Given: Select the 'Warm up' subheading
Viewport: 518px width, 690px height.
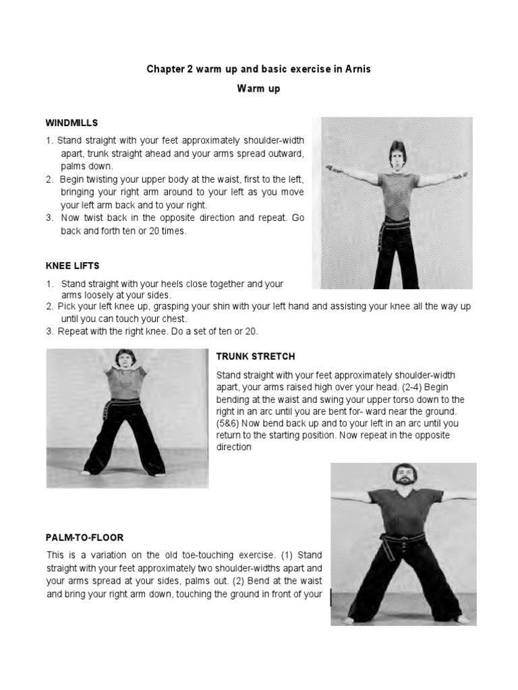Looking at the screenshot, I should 259,88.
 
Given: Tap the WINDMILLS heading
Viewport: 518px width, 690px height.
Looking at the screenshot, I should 71,123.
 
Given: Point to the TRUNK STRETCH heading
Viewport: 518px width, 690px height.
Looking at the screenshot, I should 255,356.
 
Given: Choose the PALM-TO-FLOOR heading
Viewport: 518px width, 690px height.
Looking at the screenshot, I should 85,538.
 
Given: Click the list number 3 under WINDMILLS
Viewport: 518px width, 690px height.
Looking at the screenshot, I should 49,218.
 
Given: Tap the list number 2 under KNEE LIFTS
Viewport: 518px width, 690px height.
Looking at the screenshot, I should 50,306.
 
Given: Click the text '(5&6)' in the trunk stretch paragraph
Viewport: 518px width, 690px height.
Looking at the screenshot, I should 229,423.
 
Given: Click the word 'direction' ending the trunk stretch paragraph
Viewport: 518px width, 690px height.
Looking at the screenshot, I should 233,447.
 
